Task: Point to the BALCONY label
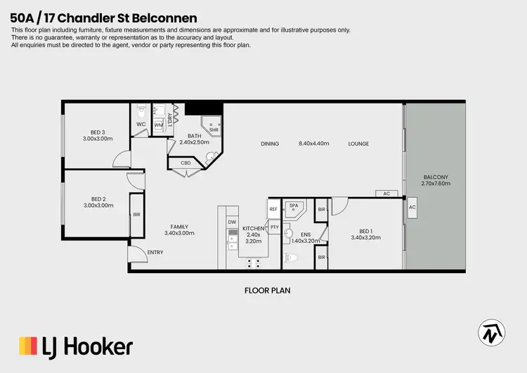point(436,177)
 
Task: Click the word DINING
point(270,144)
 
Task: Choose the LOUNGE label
point(358,144)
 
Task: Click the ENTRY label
point(155,252)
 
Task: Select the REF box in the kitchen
point(273,209)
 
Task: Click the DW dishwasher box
point(231,222)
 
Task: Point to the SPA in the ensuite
point(294,206)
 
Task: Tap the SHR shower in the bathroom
point(214,129)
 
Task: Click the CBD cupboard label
point(186,163)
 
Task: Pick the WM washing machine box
point(159,125)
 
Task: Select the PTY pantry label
point(275,227)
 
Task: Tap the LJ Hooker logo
point(76,346)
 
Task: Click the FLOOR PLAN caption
point(267,290)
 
